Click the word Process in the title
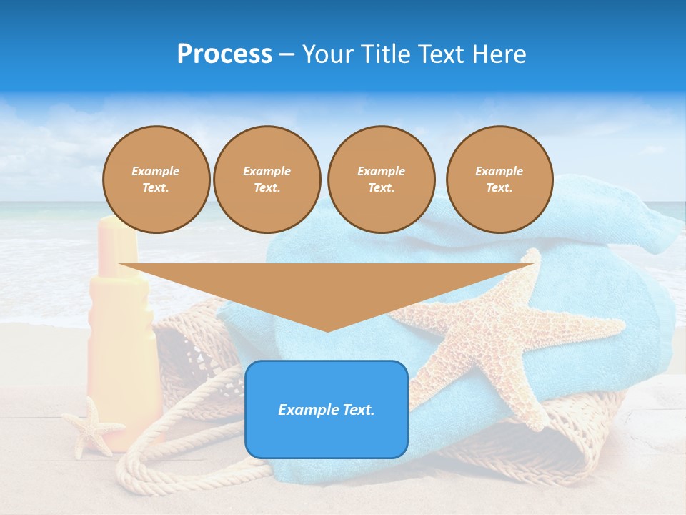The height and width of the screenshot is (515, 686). point(224,54)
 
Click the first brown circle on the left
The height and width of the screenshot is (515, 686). point(156,180)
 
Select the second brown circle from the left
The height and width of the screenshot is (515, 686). point(267,180)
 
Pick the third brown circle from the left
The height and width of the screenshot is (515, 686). point(381,180)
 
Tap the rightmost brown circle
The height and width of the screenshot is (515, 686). point(499,180)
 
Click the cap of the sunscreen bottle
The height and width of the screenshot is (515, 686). point(118,240)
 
